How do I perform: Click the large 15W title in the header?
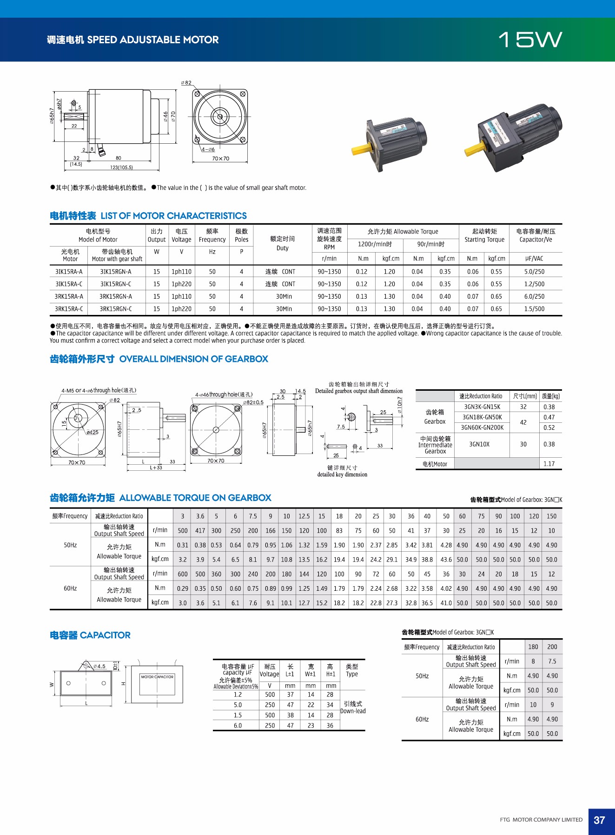530,40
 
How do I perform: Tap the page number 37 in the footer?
599,820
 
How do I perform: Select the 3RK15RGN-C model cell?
115,309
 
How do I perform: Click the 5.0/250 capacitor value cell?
534,272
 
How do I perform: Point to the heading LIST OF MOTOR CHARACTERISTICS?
173,216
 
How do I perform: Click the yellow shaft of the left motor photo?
361,149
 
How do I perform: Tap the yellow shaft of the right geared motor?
474,150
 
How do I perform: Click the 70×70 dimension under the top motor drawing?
220,159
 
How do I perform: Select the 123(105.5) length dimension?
121,167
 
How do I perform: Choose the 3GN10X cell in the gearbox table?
479,444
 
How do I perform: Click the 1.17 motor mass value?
549,464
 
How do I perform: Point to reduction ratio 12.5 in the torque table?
304,516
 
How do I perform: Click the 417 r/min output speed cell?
200,531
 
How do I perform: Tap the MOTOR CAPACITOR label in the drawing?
157,677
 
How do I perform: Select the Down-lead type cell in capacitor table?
353,708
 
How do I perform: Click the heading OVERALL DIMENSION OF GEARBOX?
193,359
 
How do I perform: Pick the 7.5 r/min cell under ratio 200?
552,661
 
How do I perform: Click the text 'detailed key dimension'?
342,474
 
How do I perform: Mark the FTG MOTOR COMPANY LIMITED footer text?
541,820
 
